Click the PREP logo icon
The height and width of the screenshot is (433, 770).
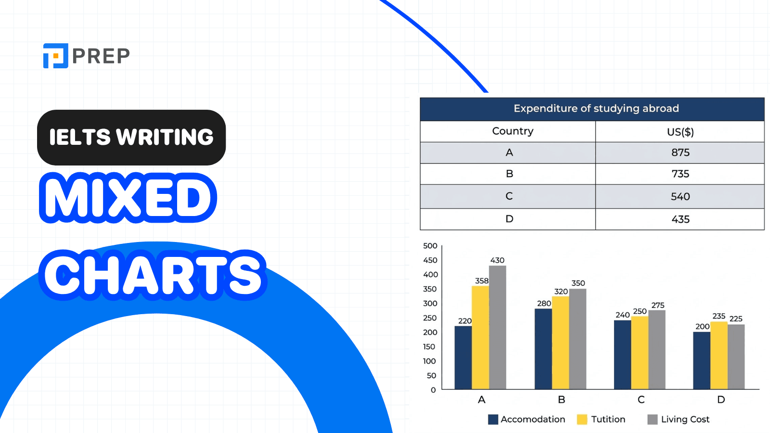pyautogui.click(x=55, y=56)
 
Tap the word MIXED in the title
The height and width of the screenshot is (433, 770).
pyautogui.click(x=128, y=198)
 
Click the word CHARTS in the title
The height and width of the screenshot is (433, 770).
pyautogui.click(x=153, y=275)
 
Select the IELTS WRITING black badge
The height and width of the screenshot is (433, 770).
pyautogui.click(x=131, y=138)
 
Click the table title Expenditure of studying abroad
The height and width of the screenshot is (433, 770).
pyautogui.click(x=596, y=109)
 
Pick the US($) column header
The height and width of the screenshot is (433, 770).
pyautogui.click(x=680, y=132)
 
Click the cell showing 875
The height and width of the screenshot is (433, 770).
pyautogui.click(x=680, y=153)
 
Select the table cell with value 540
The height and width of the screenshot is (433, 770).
pyautogui.click(x=680, y=196)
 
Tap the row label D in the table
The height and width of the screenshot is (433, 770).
pyautogui.click(x=509, y=219)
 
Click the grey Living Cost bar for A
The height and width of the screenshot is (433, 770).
pyautogui.click(x=497, y=327)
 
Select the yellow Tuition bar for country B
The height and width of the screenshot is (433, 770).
pyautogui.click(x=560, y=343)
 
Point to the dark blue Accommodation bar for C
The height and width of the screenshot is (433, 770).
pyautogui.click(x=622, y=354)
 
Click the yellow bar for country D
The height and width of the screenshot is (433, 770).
pyautogui.click(x=719, y=355)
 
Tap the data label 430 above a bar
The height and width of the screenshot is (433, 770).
pyautogui.click(x=497, y=260)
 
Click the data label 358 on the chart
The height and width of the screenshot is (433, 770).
pyautogui.click(x=481, y=280)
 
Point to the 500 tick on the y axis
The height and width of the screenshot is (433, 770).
pyautogui.click(x=430, y=246)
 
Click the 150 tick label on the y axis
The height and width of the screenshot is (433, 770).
pyautogui.click(x=429, y=347)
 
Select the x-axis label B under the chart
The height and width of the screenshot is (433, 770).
pyautogui.click(x=561, y=400)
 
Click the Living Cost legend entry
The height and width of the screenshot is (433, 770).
pyautogui.click(x=679, y=420)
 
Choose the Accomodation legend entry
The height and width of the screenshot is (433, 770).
pyautogui.click(x=526, y=420)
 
